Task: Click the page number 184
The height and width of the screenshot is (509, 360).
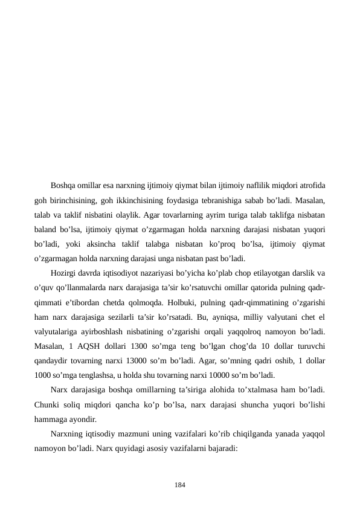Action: (180, 485)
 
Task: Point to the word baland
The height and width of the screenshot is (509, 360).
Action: (45, 230)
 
